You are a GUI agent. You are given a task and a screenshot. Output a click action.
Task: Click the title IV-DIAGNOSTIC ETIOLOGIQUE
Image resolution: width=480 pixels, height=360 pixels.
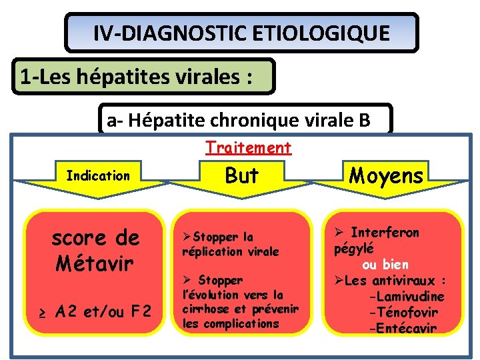tap(241, 33)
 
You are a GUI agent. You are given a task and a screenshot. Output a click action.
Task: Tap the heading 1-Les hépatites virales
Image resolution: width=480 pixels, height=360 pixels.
tap(136, 77)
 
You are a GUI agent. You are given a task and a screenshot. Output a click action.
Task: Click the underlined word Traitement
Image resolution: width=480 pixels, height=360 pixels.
tap(248, 147)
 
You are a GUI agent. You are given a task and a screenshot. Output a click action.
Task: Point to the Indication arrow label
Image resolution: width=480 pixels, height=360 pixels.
tap(98, 176)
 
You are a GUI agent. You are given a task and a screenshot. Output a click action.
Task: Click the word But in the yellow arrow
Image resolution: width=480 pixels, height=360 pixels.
tap(241, 175)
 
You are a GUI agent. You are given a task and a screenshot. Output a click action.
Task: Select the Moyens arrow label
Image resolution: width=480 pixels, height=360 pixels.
tap(386, 175)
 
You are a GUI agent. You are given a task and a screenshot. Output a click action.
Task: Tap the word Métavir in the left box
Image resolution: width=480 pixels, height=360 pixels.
tap(95, 263)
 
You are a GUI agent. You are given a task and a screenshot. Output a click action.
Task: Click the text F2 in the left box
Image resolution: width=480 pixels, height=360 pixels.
tap(138, 311)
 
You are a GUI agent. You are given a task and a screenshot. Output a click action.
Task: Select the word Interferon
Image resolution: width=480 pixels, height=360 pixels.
tap(385, 233)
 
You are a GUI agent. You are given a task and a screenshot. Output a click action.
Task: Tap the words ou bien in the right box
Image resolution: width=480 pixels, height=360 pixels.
tap(385, 265)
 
